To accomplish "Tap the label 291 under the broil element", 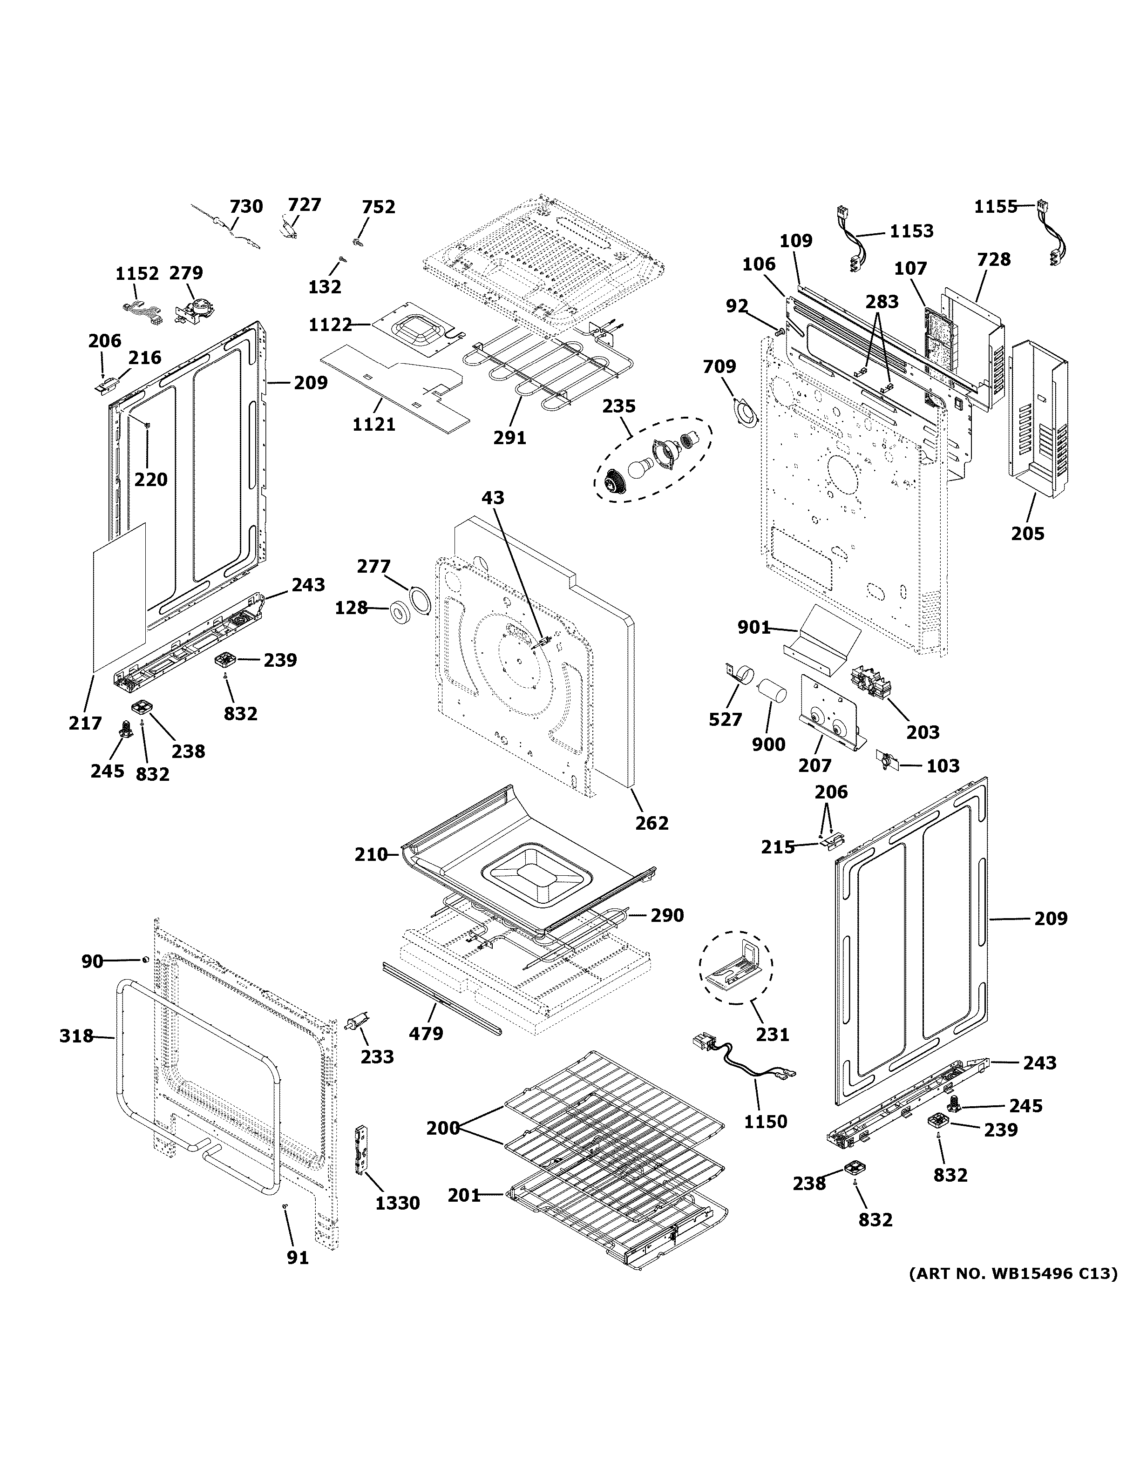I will [509, 438].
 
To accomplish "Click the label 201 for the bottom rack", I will [463, 1195].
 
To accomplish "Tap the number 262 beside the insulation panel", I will [651, 823].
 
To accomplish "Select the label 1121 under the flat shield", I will [373, 424].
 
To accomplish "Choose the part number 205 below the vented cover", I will [1027, 534].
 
